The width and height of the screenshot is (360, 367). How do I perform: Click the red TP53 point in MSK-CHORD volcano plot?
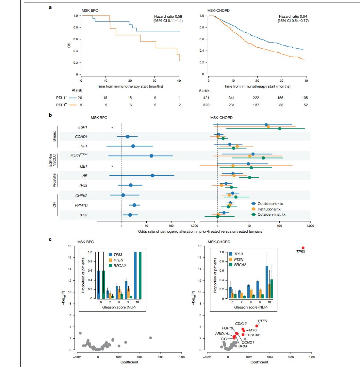pos(303,248)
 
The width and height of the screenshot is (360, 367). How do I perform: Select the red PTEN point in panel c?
pos(257,326)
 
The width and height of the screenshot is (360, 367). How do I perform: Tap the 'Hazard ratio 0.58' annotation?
pos(168,16)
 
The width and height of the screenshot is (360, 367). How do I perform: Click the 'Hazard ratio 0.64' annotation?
pos(293,16)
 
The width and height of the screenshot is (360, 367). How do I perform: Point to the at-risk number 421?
pos(204,98)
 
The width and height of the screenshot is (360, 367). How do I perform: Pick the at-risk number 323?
pos(204,105)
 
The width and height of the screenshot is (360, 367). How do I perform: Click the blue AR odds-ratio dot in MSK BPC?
pos(153,175)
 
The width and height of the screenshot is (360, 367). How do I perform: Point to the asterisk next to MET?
pos(112,166)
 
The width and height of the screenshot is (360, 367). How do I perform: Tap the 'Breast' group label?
pos(54,136)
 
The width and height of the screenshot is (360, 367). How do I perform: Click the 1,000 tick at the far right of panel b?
pos(310,226)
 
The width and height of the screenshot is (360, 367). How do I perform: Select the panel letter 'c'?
pos(50,239)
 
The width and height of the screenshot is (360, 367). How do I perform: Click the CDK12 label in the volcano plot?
pos(241,323)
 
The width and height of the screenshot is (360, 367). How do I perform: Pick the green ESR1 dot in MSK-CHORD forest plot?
pos(280,129)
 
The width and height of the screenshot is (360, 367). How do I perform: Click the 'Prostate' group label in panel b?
pos(54,180)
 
